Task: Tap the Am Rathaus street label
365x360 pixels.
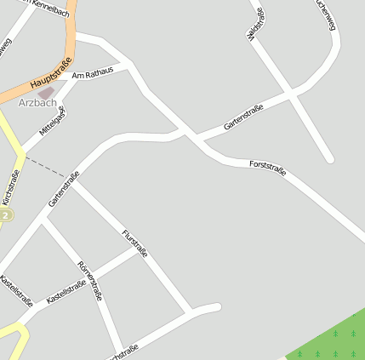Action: [93, 75]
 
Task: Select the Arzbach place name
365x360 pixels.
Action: [37, 103]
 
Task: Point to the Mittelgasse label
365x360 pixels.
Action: [52, 121]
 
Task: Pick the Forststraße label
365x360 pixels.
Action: [267, 168]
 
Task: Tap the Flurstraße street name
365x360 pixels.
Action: [134, 243]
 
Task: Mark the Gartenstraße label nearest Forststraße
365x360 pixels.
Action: [243, 117]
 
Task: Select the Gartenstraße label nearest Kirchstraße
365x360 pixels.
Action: [64, 190]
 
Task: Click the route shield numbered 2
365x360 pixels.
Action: [6, 216]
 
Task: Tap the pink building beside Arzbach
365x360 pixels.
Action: [46, 92]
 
